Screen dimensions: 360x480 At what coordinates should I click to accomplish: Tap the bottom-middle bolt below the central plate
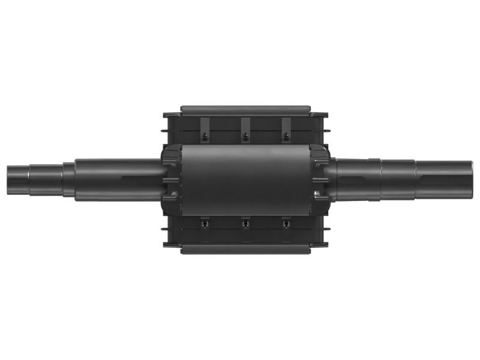pyautogui.click(x=245, y=224)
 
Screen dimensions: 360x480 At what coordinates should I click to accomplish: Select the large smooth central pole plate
pyautogui.click(x=245, y=179)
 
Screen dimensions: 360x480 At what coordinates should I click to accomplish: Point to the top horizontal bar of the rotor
pyautogui.click(x=245, y=110)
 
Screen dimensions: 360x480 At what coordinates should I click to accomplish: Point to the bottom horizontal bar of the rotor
pyautogui.click(x=245, y=248)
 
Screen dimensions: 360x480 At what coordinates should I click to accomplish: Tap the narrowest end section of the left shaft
pyautogui.click(x=18, y=180)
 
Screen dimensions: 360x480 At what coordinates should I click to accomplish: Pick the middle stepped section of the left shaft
pyautogui.click(x=45, y=180)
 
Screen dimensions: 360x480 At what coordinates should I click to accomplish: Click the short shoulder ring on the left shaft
pyautogui.click(x=68, y=180)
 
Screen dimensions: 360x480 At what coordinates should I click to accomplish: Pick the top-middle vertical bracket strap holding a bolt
pyautogui.click(x=245, y=127)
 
